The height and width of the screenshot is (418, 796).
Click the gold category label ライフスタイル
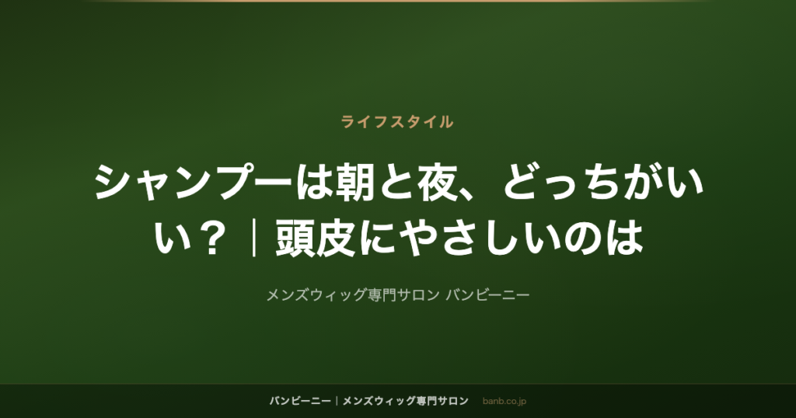click(x=397, y=122)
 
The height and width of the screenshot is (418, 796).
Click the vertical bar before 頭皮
click(x=254, y=238)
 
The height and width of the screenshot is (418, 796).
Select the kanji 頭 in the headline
click(x=295, y=238)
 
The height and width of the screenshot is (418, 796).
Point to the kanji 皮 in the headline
click(x=336, y=238)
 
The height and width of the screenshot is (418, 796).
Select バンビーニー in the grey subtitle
click(x=487, y=294)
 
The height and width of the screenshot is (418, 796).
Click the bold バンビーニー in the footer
click(x=300, y=401)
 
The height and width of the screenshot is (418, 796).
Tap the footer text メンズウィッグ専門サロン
click(x=405, y=401)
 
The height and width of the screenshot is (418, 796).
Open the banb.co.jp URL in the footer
click(x=504, y=401)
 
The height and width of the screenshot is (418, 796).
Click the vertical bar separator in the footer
click(x=337, y=401)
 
